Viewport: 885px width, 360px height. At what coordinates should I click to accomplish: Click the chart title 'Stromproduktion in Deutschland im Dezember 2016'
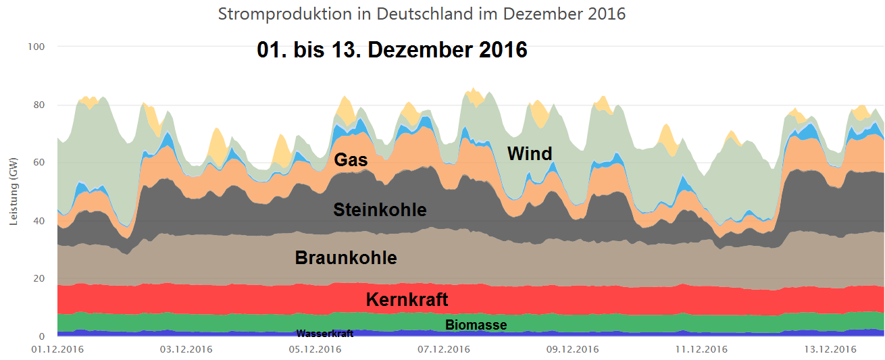(422, 14)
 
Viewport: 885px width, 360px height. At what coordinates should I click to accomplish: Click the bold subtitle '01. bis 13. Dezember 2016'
(392, 50)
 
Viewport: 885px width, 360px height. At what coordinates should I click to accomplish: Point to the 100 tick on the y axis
(36, 47)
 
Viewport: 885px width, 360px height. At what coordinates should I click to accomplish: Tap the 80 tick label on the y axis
(39, 105)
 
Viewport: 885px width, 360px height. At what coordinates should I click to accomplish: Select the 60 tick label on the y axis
(39, 163)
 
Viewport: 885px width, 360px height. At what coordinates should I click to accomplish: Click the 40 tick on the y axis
(39, 221)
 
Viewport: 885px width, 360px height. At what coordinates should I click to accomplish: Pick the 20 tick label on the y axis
(39, 278)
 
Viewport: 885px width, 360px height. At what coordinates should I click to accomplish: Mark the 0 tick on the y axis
(41, 336)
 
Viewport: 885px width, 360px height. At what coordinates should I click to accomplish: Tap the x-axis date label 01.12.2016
(57, 349)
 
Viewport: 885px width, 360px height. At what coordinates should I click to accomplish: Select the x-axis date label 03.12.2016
(186, 349)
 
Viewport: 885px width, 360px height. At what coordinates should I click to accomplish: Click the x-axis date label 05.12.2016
(314, 349)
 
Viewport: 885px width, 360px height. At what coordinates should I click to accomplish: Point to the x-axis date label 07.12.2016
(443, 349)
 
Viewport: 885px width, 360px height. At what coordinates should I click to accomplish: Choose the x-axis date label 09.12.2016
(572, 349)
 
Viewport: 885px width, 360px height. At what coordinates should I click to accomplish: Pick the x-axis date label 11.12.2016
(701, 349)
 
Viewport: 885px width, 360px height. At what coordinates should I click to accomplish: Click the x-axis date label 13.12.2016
(829, 349)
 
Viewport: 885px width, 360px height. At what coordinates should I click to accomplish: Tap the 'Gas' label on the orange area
(351, 160)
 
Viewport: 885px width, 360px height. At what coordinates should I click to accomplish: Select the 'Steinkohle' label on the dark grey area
(380, 210)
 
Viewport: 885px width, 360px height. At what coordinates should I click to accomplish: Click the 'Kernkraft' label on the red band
(407, 299)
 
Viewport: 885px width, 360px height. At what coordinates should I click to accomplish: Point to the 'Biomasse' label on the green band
(476, 325)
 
